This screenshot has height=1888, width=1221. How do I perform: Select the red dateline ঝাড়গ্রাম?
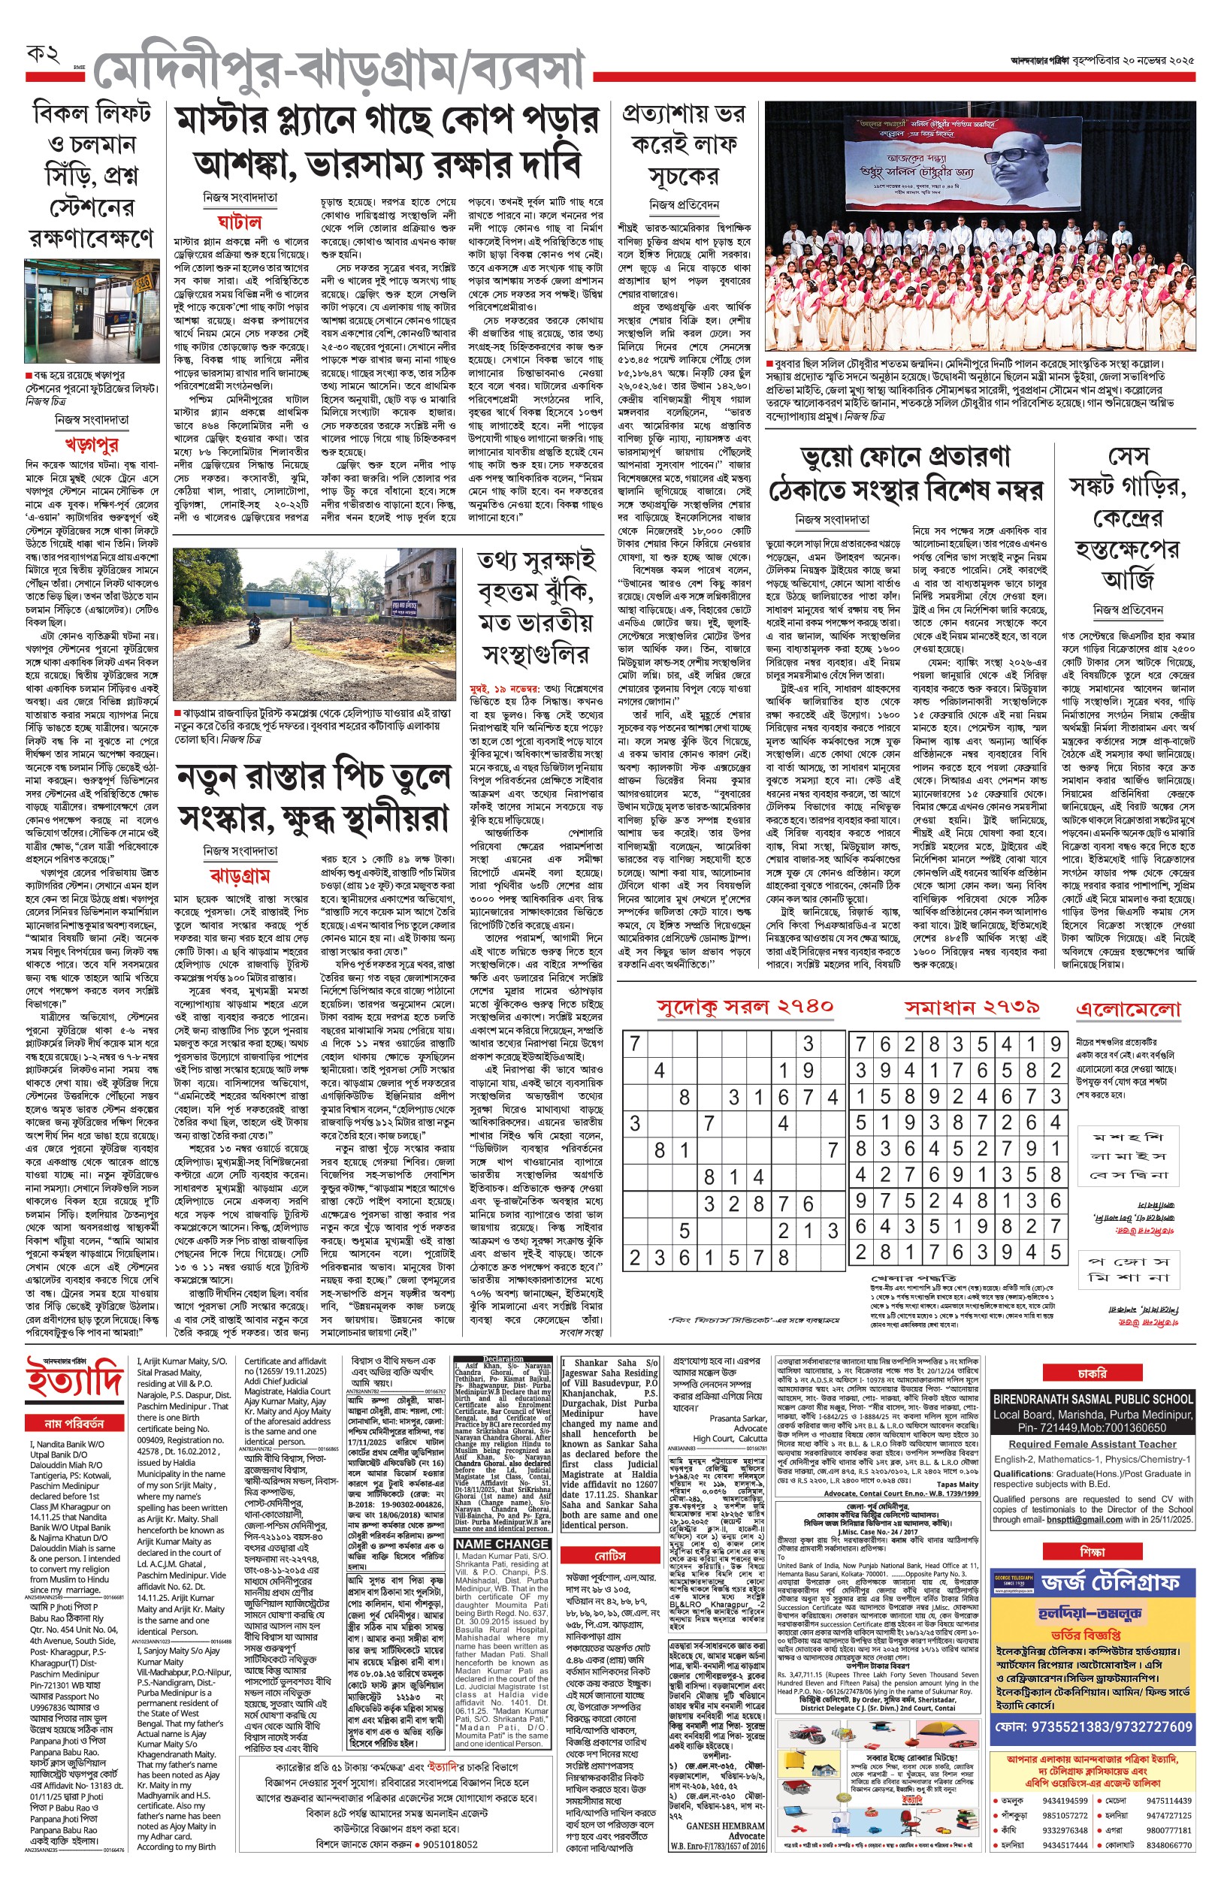pos(240,875)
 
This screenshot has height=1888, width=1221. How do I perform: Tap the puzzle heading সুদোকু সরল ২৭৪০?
pos(745,1007)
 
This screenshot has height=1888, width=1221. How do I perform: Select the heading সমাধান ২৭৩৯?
pos(972,1007)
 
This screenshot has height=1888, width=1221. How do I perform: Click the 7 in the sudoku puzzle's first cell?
pos(634,1044)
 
